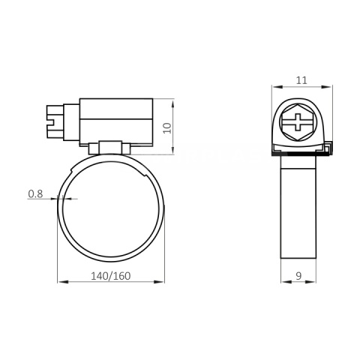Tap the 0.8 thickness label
click(35, 193)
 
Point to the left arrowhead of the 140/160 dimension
click(61, 283)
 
